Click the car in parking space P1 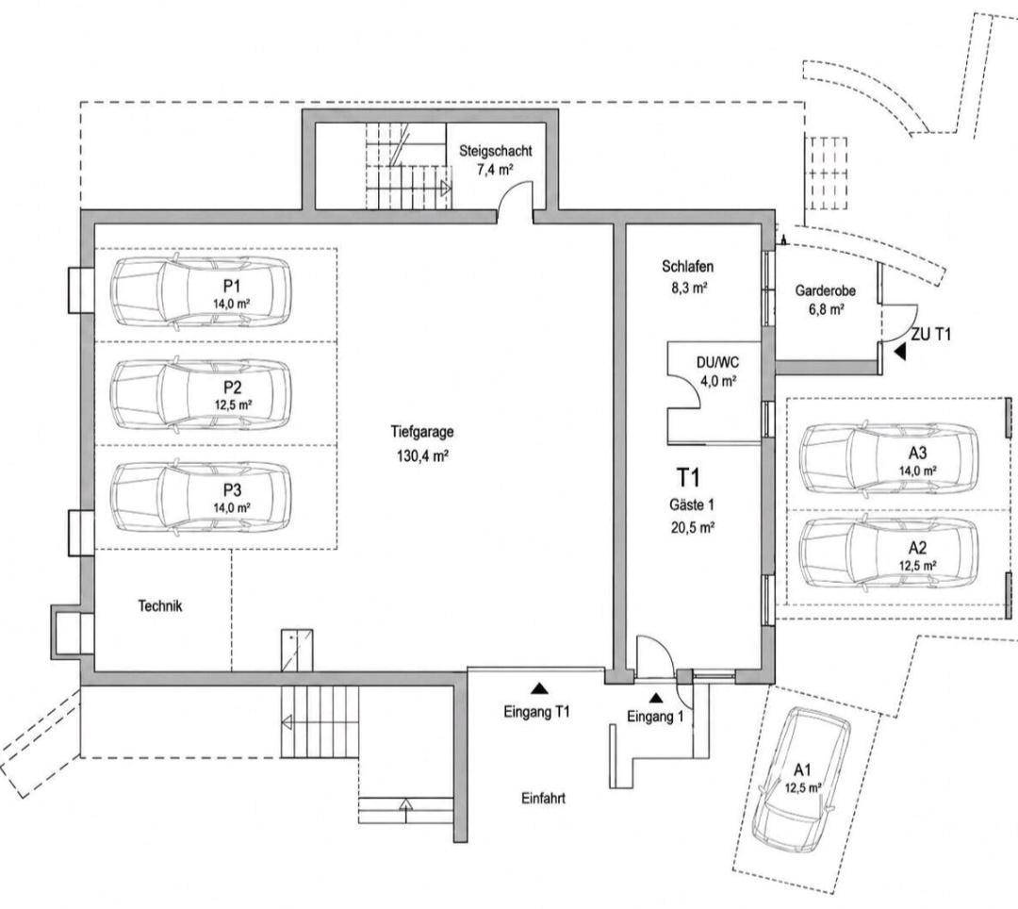point(201,290)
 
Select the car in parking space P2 point(201,393)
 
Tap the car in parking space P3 point(201,497)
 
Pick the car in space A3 point(889,458)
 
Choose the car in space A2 point(889,554)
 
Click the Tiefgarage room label point(422,432)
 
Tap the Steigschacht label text point(496,151)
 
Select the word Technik point(159,605)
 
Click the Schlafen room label point(687,266)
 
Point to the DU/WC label point(717,362)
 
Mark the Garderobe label point(825,290)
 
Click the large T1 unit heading point(689,478)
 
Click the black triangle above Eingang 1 point(656,698)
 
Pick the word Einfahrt point(543,798)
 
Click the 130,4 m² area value point(423,456)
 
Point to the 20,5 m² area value point(693,528)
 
